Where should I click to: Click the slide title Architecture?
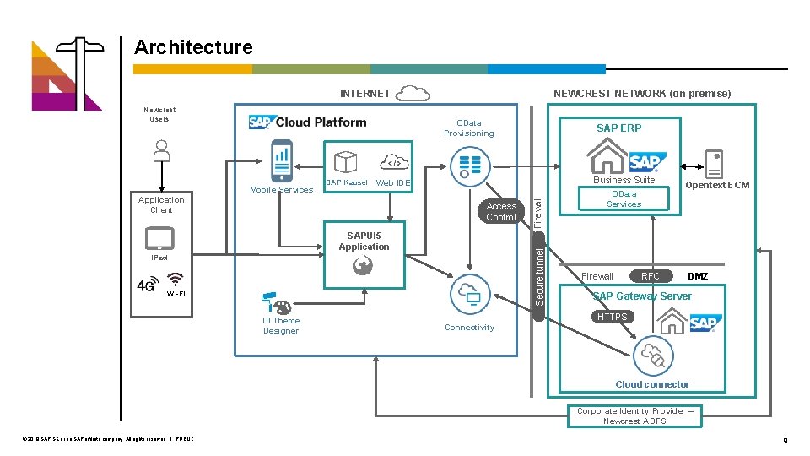coord(193,47)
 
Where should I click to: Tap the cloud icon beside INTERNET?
coord(413,93)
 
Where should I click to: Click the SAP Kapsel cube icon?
coord(346,162)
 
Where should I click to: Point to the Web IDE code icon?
coord(392,162)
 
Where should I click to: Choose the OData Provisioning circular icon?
coord(469,166)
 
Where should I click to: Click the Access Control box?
coord(501,211)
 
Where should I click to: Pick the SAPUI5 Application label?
coord(364,242)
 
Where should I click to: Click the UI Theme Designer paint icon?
coord(275,304)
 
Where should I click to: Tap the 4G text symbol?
coord(146,285)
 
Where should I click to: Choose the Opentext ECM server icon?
coord(715,163)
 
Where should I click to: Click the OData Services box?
coord(624,198)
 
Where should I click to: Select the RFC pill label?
coord(651,276)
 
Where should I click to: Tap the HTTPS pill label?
coord(612,317)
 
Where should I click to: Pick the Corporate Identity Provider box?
coord(634,415)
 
